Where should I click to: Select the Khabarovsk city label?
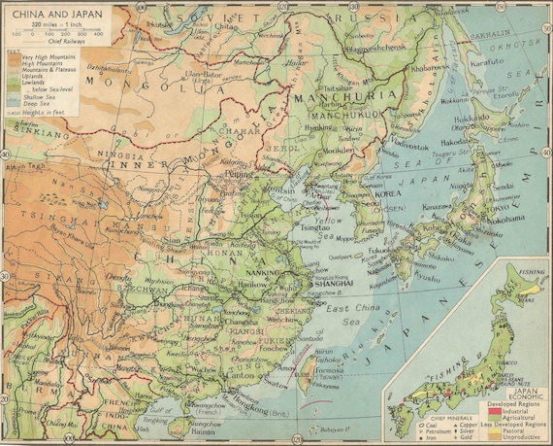pyautogui.click(x=425, y=70)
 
